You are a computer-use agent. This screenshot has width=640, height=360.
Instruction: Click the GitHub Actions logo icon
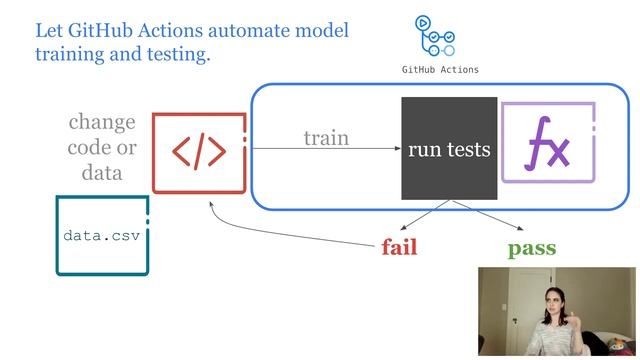point(435,38)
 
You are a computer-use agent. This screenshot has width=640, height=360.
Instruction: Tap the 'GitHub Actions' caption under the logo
point(440,70)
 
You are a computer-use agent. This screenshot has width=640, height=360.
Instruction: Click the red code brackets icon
point(199,151)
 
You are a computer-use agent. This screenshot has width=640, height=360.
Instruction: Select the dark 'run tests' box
point(449,149)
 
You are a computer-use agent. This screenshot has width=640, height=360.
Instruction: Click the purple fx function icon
point(548,142)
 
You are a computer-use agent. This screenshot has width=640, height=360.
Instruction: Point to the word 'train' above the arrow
point(326,138)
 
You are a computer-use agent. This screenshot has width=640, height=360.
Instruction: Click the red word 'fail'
point(399,247)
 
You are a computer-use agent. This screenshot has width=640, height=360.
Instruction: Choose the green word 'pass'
point(531,247)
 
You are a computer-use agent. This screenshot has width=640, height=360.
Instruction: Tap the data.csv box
point(101,236)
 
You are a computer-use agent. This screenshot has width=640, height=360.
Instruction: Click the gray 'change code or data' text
point(101,147)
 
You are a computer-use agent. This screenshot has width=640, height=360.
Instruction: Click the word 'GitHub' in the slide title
point(100,30)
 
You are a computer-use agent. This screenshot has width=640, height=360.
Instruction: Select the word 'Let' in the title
point(49,30)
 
